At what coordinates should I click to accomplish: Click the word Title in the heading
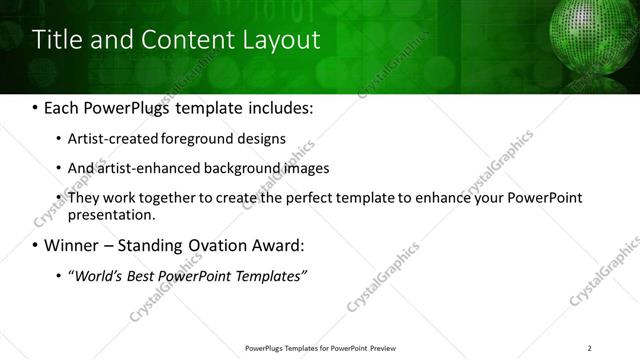57,40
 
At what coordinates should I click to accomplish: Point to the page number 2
589,348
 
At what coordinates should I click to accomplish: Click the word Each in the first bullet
61,106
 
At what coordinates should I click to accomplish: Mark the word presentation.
110,215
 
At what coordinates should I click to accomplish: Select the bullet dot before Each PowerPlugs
35,107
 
